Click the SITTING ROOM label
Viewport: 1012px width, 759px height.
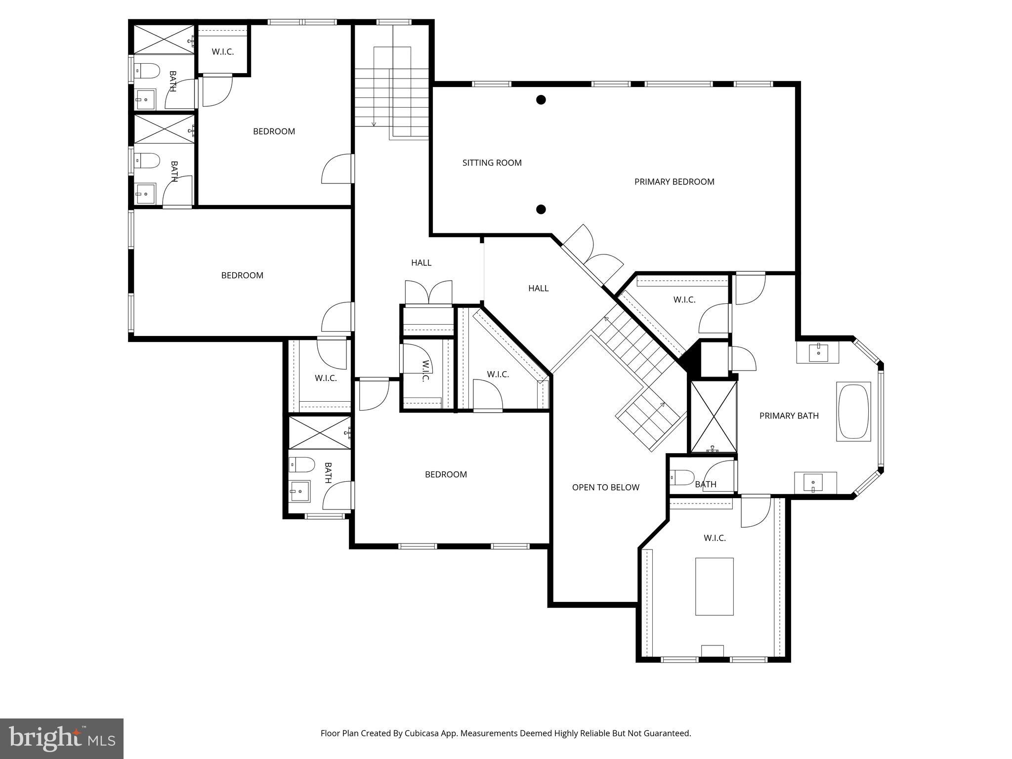click(492, 163)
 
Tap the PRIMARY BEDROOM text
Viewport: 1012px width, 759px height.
click(674, 182)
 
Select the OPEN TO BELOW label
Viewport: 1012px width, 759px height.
click(605, 487)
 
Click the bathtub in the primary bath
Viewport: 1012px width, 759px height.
click(853, 412)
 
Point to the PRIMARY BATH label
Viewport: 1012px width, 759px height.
click(789, 416)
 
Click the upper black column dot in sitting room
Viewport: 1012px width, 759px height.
click(541, 100)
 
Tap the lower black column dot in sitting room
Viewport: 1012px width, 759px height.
click(541, 210)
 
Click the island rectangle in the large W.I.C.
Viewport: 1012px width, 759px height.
click(714, 587)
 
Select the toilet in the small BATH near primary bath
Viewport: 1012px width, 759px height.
click(682, 477)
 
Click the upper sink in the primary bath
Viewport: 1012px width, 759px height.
click(818, 351)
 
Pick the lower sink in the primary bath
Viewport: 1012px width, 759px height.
click(813, 481)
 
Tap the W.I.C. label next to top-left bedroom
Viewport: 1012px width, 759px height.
click(223, 51)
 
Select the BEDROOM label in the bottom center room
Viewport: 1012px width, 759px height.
click(446, 474)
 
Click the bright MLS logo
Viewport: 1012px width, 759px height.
click(62, 738)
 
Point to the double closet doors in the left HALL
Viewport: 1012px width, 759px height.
click(428, 293)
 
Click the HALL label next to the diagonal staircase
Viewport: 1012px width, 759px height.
click(538, 288)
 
